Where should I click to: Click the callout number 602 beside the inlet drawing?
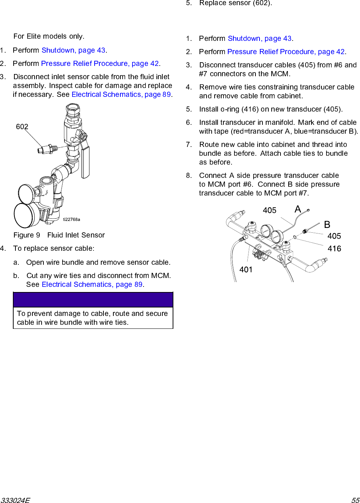tap(22, 127)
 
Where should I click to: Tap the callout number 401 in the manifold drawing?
tap(246, 270)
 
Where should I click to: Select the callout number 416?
tap(334, 249)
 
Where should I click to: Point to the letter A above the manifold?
tap(298, 210)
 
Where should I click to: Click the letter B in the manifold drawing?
tap(327, 225)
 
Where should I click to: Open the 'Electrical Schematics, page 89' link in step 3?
tap(121, 95)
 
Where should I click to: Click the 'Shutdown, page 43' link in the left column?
tap(74, 50)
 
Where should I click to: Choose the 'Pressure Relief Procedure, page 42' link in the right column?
tap(286, 52)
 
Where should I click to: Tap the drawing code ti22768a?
tap(71, 219)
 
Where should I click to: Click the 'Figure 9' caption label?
tap(27, 235)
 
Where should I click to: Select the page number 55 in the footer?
tap(355, 500)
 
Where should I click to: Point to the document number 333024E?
tap(15, 500)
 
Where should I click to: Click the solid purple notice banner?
tap(93, 300)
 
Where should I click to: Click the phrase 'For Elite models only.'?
tap(49, 36)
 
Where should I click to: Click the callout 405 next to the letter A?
tap(269, 210)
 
